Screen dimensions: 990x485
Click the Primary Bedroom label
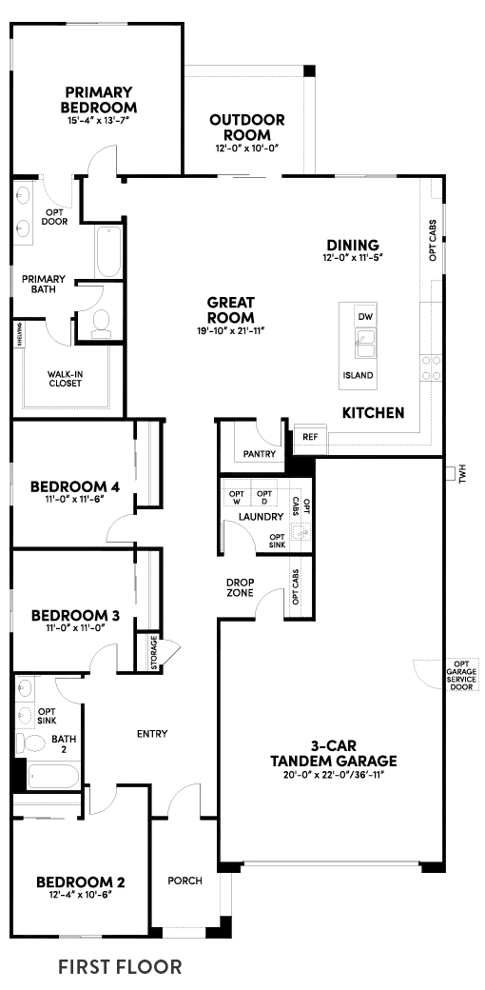(100, 100)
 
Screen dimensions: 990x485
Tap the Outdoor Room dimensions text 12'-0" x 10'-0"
(247, 148)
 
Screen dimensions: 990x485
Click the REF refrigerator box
(309, 436)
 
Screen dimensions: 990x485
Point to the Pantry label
(259, 454)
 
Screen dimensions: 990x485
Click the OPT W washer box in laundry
(237, 497)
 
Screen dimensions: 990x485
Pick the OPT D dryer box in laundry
(264, 497)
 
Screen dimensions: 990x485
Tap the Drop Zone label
(238, 587)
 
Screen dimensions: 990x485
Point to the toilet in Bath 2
(24, 742)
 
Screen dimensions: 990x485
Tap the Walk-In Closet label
(65, 378)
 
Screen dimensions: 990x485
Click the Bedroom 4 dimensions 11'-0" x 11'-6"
(72, 499)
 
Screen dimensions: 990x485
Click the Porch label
(184, 881)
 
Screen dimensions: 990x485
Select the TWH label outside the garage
(463, 472)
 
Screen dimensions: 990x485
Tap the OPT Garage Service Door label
(461, 674)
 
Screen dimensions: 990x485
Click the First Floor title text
(120, 967)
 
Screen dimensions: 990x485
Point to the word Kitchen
(374, 413)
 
